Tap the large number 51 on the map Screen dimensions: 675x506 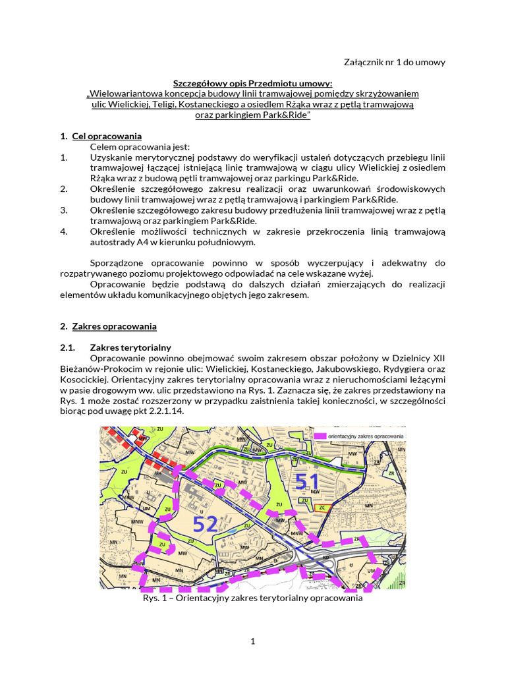tap(308, 481)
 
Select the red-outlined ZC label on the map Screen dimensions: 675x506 tap(322, 508)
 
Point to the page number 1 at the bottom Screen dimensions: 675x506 tap(252, 642)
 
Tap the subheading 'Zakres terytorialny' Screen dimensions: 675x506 tap(130, 347)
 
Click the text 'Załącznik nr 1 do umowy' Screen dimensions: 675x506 tap(395, 62)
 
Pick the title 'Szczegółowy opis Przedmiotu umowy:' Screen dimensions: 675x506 tap(252, 83)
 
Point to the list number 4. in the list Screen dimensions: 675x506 tap(64, 231)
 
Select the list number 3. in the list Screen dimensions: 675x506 tap(64, 210)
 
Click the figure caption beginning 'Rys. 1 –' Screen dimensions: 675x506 tap(252, 599)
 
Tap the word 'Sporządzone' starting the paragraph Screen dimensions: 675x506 tap(116, 262)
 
